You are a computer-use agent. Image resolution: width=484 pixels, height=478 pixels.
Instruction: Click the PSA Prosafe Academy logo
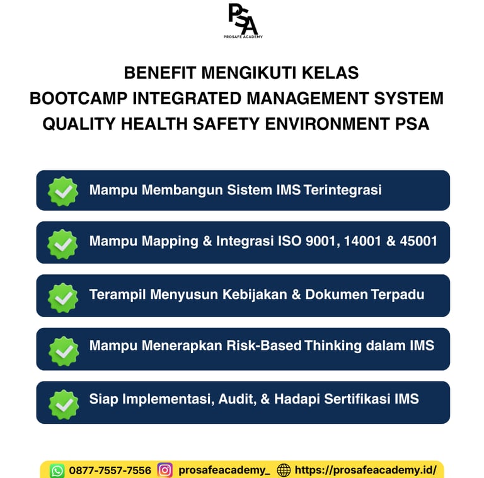click(242, 20)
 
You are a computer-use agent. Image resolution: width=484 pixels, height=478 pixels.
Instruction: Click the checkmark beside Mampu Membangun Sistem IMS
click(63, 191)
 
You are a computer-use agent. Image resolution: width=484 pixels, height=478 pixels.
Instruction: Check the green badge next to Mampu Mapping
click(63, 243)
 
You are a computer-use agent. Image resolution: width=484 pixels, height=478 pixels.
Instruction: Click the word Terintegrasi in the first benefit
click(342, 190)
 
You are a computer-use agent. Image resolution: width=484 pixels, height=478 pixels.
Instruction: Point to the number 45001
click(418, 241)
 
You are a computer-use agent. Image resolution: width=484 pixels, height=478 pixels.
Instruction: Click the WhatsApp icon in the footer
click(57, 470)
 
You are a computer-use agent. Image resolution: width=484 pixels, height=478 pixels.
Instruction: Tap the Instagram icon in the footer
click(165, 470)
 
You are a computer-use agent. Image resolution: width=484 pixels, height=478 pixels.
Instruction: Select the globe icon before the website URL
click(284, 470)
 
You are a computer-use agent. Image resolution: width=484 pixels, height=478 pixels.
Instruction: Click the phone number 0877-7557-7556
click(110, 470)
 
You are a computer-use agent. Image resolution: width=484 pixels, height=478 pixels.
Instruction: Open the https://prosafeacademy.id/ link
click(366, 470)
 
